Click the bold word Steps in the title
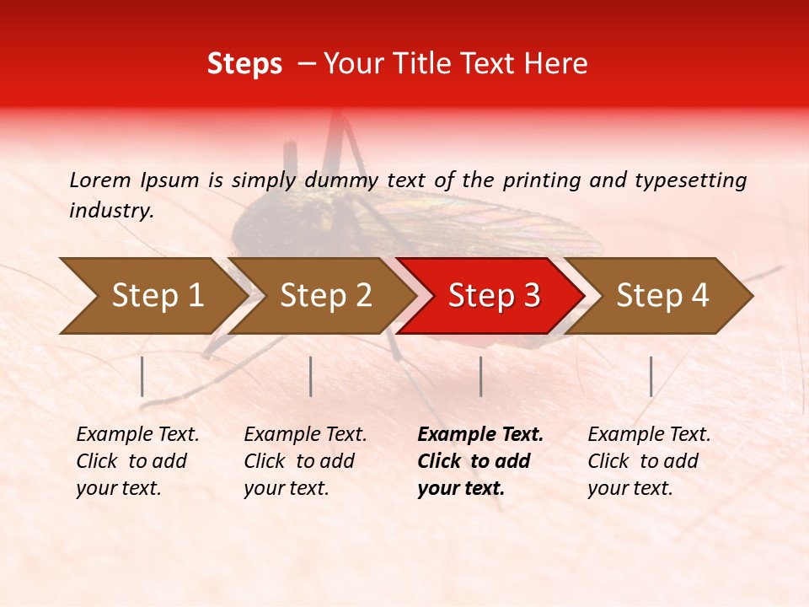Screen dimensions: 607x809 tap(244, 65)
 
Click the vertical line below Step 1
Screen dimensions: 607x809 tap(142, 376)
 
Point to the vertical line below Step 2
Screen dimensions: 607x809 tap(311, 376)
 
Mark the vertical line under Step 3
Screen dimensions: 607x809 tap(481, 376)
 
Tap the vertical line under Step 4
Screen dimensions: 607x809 tap(651, 376)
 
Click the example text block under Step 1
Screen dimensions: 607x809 tap(137, 461)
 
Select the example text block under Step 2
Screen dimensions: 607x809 tap(305, 461)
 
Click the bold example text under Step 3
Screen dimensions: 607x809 tap(480, 461)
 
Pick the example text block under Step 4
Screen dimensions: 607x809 tap(649, 461)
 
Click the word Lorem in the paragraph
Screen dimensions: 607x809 tap(99, 180)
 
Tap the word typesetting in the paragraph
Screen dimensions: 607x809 tap(694, 180)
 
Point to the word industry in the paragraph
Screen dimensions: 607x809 tap(110, 210)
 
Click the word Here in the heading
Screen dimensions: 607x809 tap(556, 65)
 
